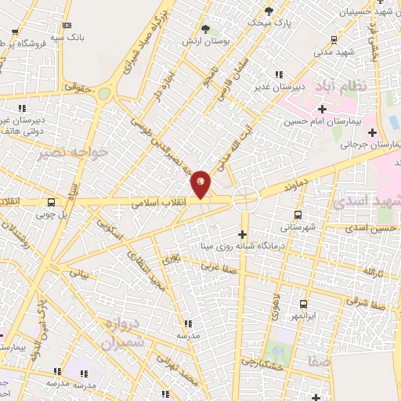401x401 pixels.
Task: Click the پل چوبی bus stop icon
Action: click(51, 201)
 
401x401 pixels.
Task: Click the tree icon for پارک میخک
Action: click(269, 11)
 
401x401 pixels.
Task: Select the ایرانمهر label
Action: click(303, 316)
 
